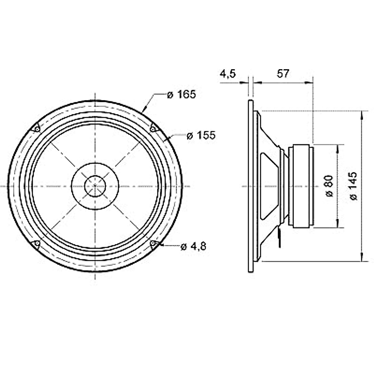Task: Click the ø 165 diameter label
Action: pyautogui.click(x=181, y=94)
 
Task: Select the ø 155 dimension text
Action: pyautogui.click(x=201, y=136)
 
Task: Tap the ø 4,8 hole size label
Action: pyautogui.click(x=193, y=247)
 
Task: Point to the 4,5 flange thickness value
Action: pyautogui.click(x=228, y=74)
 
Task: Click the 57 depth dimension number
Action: pyautogui.click(x=283, y=74)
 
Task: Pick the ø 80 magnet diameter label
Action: pyautogui.click(x=329, y=186)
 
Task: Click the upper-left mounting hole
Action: pyautogui.click(x=37, y=129)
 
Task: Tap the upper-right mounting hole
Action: pyautogui.click(x=153, y=128)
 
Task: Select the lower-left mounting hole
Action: pyautogui.click(x=37, y=243)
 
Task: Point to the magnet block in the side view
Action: pyautogui.click(x=301, y=186)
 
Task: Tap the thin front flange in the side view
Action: pyautogui.click(x=251, y=186)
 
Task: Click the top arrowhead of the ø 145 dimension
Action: pyautogui.click(x=362, y=114)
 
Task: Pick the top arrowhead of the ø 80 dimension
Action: pyautogui.click(x=337, y=148)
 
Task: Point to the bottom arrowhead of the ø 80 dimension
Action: pyautogui.click(x=337, y=224)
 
